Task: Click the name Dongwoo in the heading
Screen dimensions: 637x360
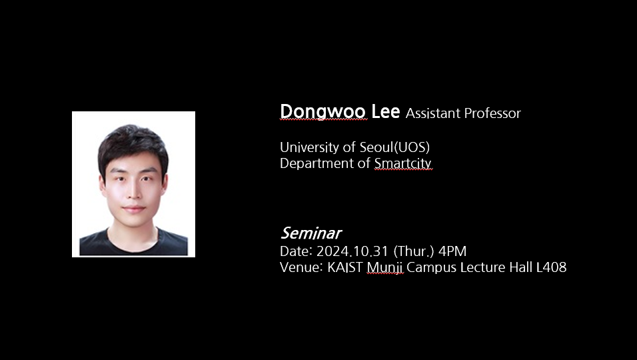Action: [323, 112]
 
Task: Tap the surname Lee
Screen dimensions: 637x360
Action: [386, 111]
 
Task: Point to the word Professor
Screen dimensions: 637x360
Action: [491, 113]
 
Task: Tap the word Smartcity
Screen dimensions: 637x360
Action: [402, 163]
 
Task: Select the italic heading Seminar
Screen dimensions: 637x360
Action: [311, 233]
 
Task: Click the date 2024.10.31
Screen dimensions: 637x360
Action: [352, 251]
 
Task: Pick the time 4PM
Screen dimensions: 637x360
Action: [452, 251]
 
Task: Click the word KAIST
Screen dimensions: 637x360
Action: [345, 267]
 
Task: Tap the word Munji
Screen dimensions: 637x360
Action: [384, 268]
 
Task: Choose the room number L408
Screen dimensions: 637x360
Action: [551, 267]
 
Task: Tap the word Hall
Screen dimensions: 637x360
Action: [519, 267]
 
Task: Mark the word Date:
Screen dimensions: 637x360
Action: [296, 251]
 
